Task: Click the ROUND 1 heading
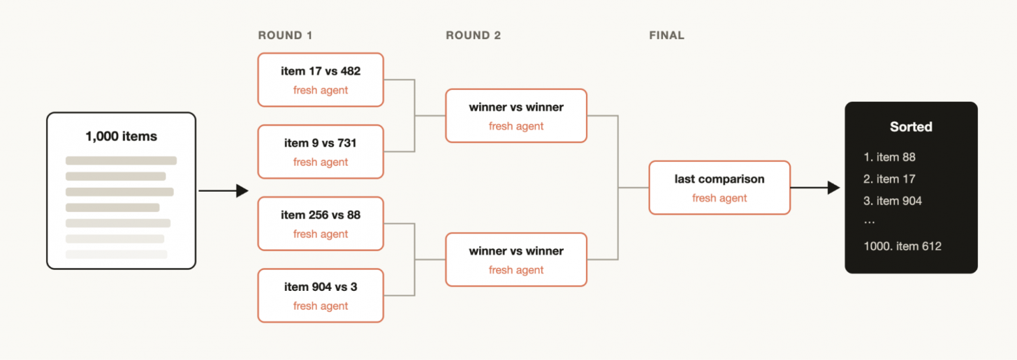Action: [x=285, y=35]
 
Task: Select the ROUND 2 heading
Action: [x=473, y=35]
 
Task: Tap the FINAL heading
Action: [x=666, y=35]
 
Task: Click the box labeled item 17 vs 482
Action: [x=321, y=80]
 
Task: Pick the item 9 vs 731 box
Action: [x=321, y=151]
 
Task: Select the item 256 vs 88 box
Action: [x=321, y=223]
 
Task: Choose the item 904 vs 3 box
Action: [x=321, y=295]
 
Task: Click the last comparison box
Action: [x=720, y=187]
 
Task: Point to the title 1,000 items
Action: [x=121, y=136]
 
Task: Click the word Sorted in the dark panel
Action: [x=911, y=127]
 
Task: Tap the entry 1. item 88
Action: [x=889, y=157]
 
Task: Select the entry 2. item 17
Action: [x=889, y=179]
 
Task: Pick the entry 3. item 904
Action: [x=892, y=201]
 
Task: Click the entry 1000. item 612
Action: [x=902, y=246]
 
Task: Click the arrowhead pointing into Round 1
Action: [x=243, y=190]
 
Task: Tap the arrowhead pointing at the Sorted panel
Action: [x=834, y=187]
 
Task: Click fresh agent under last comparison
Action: [x=720, y=198]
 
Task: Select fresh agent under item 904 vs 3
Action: [x=321, y=306]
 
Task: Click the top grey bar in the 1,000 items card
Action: [x=121, y=160]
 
